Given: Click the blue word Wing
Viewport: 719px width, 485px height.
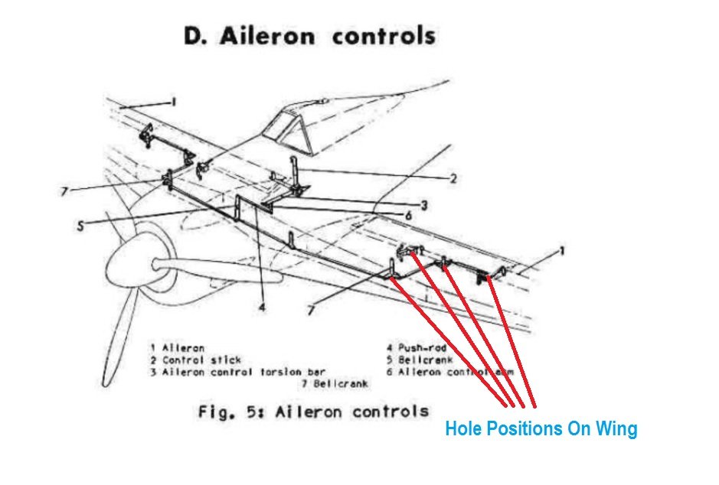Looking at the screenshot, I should pos(617,429).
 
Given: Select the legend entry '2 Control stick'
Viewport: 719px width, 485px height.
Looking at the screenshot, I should pos(196,360).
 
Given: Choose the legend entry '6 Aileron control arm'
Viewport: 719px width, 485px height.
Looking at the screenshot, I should pos(450,371).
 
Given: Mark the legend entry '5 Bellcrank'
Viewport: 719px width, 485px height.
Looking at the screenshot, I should pos(420,360).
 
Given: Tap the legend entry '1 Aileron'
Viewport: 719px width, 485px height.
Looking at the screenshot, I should pos(178,348).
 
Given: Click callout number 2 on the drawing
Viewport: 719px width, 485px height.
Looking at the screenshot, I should pos(453,179).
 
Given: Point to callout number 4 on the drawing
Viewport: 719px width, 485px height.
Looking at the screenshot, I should pos(261,310).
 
